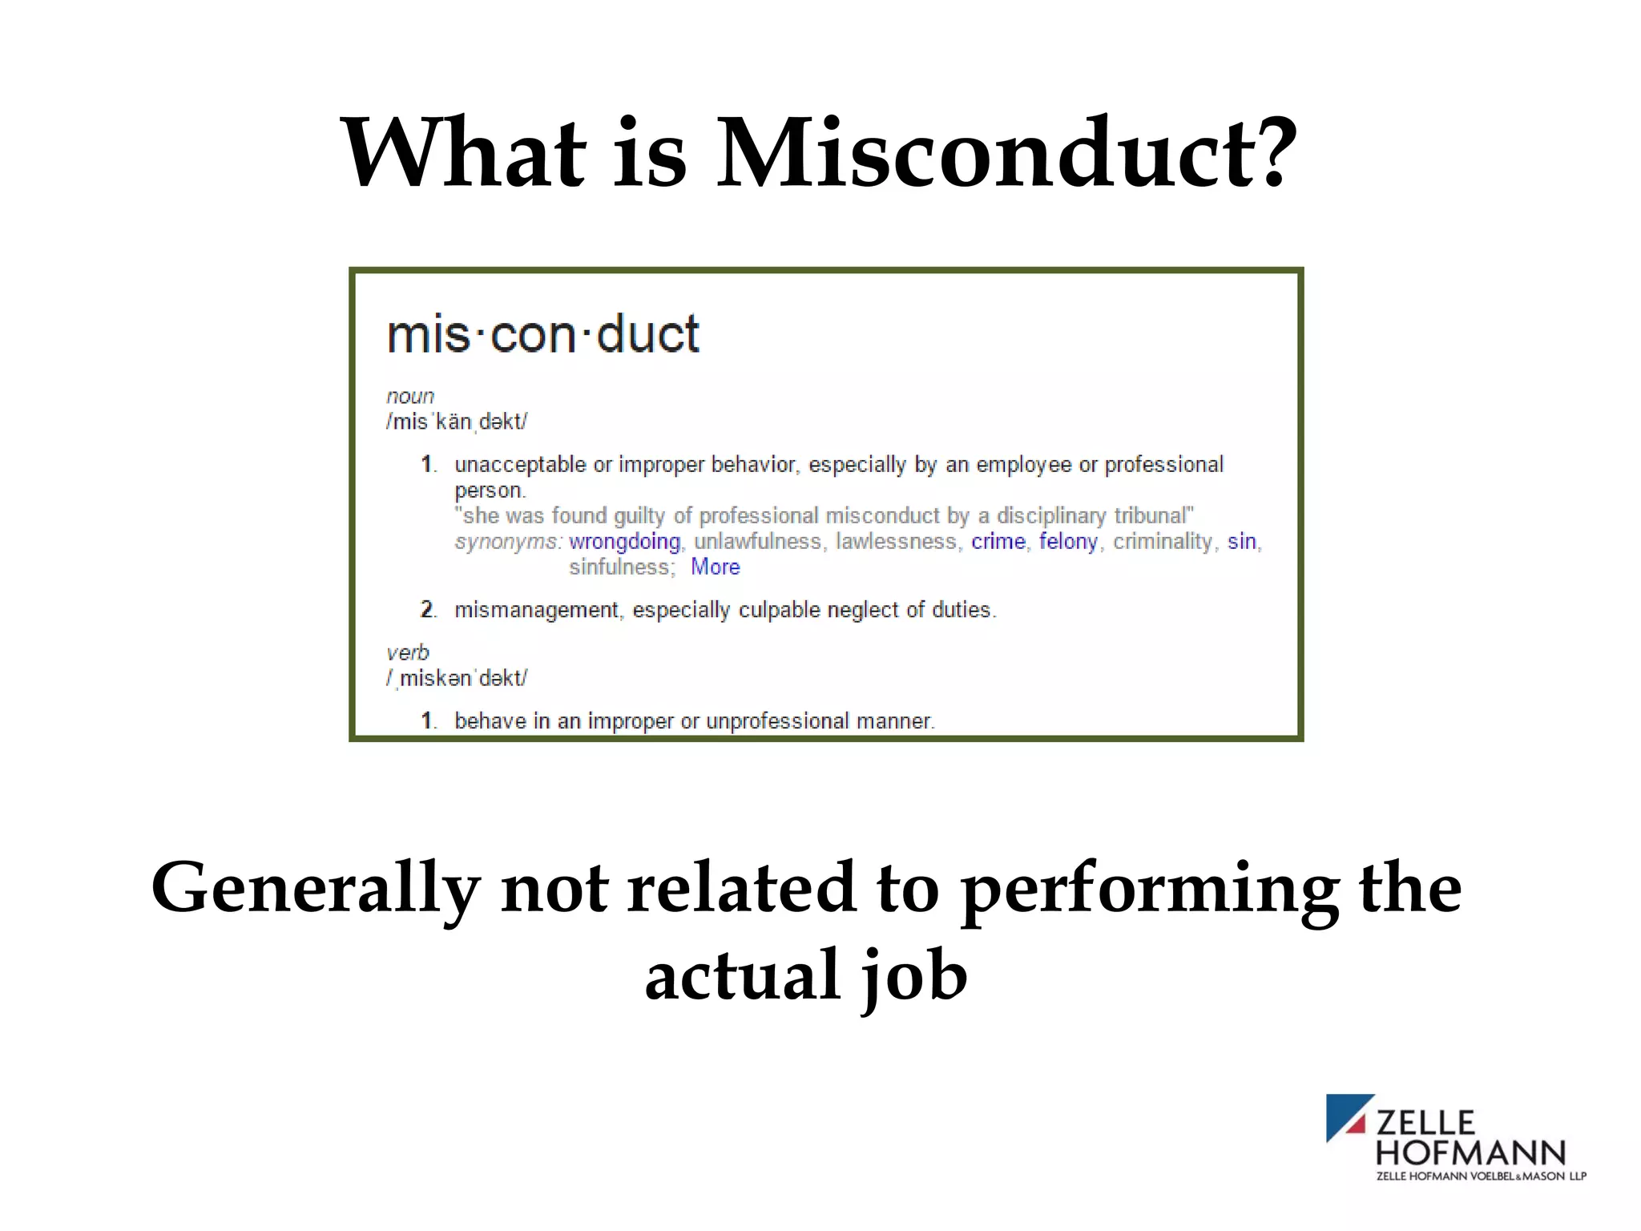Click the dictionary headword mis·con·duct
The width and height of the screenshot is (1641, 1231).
point(542,334)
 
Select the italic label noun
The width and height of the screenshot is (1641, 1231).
point(410,396)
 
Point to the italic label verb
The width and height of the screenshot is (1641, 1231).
point(408,652)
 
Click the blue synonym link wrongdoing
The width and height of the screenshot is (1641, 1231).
point(624,542)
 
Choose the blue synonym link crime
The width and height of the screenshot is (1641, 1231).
point(998,542)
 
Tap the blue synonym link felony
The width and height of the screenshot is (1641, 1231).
point(1067,542)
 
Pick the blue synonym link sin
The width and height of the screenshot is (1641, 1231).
point(1241,542)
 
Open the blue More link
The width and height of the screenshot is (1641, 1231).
point(715,567)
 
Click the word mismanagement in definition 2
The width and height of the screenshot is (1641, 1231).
point(536,611)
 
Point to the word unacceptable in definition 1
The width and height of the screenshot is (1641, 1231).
point(520,465)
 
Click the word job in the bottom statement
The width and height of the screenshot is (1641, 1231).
point(914,975)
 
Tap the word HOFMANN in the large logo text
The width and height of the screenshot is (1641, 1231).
point(1470,1153)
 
